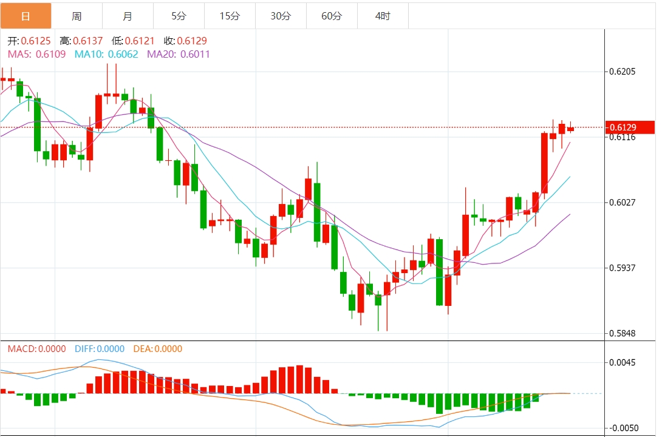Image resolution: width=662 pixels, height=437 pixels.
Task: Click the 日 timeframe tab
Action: click(x=26, y=16)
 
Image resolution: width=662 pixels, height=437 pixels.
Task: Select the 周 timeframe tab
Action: click(x=77, y=16)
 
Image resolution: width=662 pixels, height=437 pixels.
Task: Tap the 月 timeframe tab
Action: click(x=128, y=16)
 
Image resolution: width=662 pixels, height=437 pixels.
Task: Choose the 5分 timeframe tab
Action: click(x=179, y=16)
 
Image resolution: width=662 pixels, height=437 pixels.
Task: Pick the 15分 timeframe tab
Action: click(x=230, y=16)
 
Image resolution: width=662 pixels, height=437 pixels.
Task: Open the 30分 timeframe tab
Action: click(x=281, y=16)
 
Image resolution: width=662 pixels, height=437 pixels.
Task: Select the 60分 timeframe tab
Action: click(x=332, y=16)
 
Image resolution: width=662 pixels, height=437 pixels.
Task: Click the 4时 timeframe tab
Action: click(x=383, y=16)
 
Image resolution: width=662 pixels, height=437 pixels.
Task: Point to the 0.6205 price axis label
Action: click(x=622, y=72)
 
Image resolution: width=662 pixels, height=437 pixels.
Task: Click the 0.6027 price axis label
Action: click(x=622, y=202)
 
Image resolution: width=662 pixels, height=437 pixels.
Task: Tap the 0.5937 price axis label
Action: click(x=622, y=268)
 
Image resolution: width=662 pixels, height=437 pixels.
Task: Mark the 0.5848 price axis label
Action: click(x=622, y=333)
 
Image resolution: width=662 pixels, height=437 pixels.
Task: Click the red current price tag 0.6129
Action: click(x=629, y=127)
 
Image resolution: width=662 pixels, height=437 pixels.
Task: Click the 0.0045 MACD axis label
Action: click(x=622, y=363)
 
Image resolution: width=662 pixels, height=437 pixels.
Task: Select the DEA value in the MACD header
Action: click(x=168, y=349)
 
